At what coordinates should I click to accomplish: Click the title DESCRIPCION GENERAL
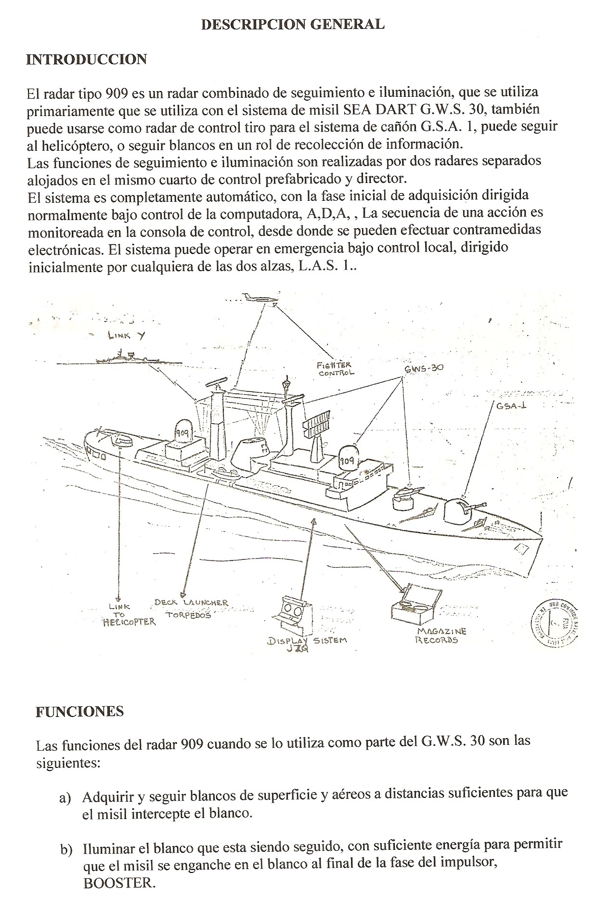tap(292, 25)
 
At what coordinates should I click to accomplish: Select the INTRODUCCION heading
tap(86, 59)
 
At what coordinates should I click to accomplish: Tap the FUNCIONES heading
tap(79, 712)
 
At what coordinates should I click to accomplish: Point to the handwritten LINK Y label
tap(126, 336)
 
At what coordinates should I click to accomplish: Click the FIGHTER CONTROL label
tap(336, 369)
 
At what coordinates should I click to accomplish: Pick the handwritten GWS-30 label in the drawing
tap(423, 368)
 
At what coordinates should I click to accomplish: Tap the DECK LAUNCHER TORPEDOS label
tap(191, 609)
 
